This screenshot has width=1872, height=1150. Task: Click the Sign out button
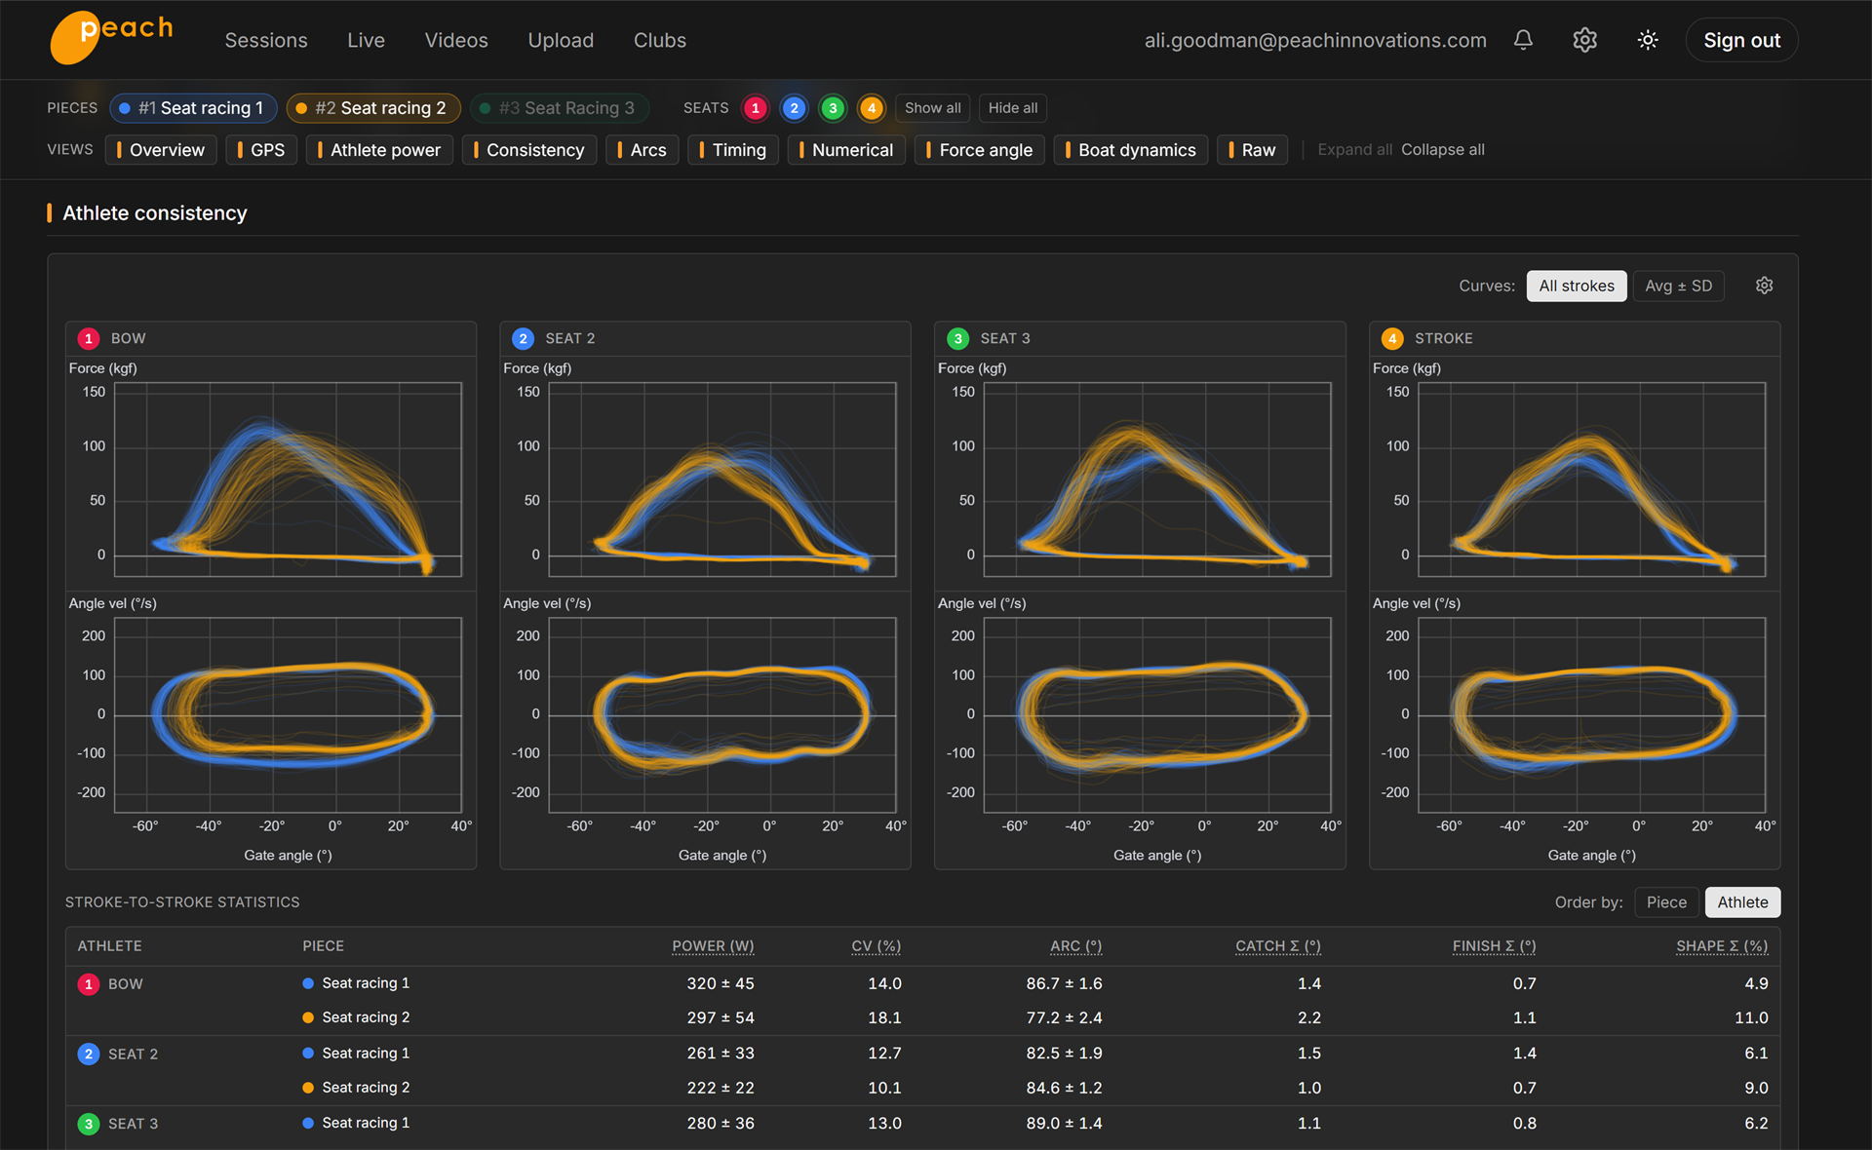[x=1741, y=40]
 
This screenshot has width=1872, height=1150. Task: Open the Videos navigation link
[x=456, y=40]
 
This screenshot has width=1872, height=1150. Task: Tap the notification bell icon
[x=1523, y=40]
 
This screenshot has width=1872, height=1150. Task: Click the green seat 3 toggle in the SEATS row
[x=833, y=108]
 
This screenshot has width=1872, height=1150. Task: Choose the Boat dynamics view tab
[x=1131, y=150]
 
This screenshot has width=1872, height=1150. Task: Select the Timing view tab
[x=733, y=150]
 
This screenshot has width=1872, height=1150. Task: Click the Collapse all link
[x=1443, y=150]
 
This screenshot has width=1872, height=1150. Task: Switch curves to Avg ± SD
[x=1678, y=286]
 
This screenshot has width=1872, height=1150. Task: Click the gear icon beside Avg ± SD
[x=1764, y=286]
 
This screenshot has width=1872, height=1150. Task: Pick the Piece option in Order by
[x=1666, y=902]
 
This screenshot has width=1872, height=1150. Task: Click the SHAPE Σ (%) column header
[x=1722, y=946]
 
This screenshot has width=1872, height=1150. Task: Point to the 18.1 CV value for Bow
[x=884, y=1017]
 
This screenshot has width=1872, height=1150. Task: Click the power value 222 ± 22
[x=721, y=1088]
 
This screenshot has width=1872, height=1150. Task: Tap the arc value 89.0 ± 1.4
[x=1064, y=1124]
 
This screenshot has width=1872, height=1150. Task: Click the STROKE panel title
[x=1443, y=338]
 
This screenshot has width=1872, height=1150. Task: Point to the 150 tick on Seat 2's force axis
[x=527, y=392]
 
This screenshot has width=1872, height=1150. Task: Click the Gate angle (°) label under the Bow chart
[x=288, y=856]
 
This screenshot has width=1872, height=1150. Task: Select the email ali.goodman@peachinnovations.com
[x=1315, y=40]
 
